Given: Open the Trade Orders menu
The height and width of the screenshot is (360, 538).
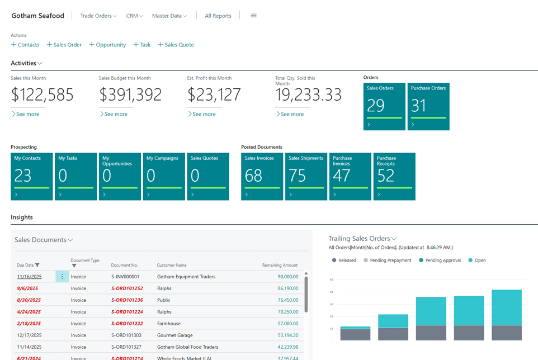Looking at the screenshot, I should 98,16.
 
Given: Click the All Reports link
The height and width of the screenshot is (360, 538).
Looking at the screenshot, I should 218,16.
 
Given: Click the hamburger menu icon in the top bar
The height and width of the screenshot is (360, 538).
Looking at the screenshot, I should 253,16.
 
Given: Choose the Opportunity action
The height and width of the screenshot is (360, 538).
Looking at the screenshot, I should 107,45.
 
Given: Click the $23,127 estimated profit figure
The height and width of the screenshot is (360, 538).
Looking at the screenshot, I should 214,95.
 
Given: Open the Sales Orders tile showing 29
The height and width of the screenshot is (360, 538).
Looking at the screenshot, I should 384,106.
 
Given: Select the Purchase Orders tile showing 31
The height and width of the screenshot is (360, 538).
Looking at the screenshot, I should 428,106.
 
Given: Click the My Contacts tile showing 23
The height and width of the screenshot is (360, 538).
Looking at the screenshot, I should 31,176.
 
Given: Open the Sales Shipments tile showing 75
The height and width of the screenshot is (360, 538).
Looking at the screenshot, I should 306,176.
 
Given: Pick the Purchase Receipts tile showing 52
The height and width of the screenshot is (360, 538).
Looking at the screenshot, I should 394,176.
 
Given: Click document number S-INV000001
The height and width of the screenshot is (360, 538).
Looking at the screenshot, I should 125,277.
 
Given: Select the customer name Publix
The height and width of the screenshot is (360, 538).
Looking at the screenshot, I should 164,300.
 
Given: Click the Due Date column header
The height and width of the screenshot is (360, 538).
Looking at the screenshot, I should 26,265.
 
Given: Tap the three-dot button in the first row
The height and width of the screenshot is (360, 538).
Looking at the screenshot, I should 62,277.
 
